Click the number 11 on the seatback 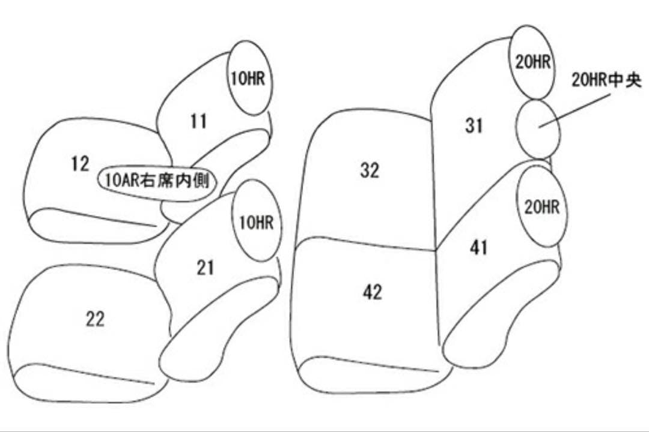198,122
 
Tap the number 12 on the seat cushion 80,164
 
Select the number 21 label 206,268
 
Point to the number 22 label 94,319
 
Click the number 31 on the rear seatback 474,126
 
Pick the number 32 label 370,170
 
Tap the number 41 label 479,247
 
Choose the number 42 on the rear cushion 373,292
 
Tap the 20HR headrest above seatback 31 532,62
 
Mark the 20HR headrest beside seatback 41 541,207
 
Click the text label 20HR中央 606,80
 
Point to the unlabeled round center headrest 538,129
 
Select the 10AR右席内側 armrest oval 157,179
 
